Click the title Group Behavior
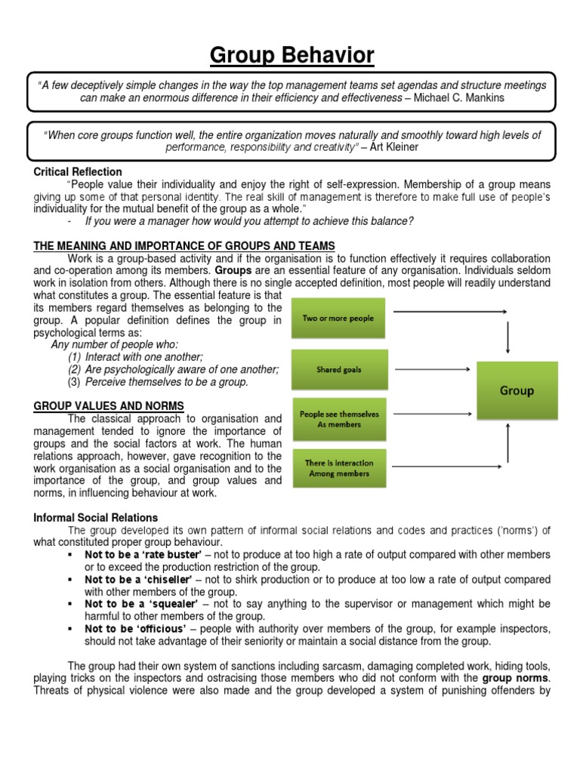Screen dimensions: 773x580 [291, 54]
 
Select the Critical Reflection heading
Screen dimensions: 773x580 [78, 172]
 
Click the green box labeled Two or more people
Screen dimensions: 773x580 [338, 319]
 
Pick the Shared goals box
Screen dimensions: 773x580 [338, 369]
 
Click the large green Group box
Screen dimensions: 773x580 [517, 391]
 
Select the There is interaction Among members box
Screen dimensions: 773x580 [338, 468]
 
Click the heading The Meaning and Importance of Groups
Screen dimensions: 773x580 [184, 246]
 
